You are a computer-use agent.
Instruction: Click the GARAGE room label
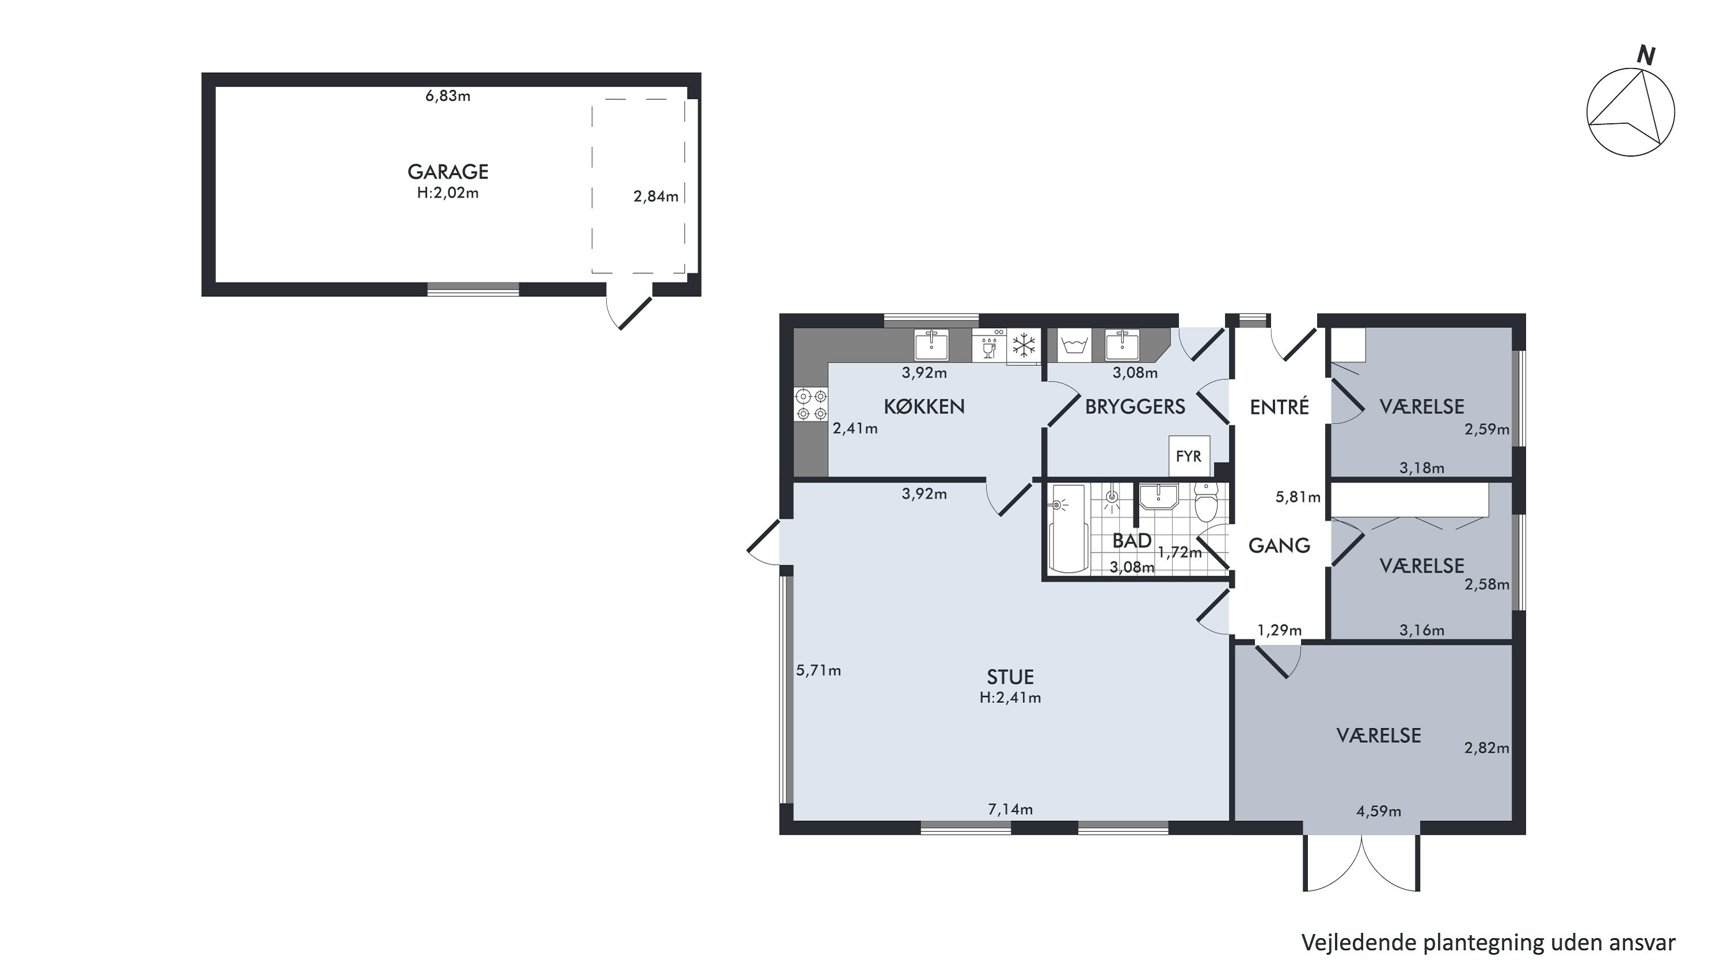pos(448,172)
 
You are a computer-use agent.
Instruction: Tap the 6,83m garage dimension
pos(448,96)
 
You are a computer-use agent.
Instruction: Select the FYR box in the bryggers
pos(1189,456)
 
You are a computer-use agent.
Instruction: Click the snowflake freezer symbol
pos(1023,346)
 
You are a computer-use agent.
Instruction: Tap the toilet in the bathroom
pos(1206,503)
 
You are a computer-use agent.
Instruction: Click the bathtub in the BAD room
pos(1068,530)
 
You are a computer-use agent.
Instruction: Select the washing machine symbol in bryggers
pos(1075,346)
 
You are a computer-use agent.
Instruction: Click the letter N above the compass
pos(1646,56)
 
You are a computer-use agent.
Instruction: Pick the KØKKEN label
pos(924,407)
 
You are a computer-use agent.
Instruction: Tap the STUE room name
pos(1010,677)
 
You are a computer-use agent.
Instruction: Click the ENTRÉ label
pos(1279,407)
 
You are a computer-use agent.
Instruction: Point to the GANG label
pos(1279,546)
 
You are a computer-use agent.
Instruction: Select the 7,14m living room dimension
pos(1010,809)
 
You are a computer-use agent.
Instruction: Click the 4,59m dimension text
pos(1378,812)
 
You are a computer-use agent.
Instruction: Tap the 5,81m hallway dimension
pos(1298,497)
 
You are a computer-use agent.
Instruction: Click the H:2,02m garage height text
pos(448,193)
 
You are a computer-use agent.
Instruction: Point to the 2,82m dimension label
pos(1487,748)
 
